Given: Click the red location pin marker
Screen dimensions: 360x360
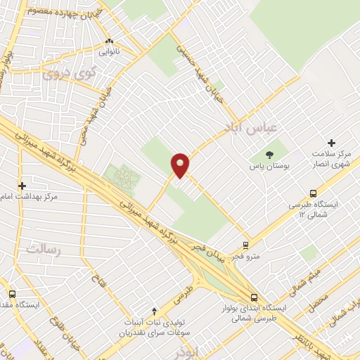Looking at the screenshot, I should (x=181, y=165).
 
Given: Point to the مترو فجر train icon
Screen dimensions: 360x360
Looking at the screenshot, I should (x=245, y=245).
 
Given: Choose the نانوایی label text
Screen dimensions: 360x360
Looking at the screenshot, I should (x=109, y=52).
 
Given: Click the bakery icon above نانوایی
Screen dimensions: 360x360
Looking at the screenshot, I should (x=109, y=41).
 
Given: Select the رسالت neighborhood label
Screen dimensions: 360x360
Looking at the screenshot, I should (x=44, y=249).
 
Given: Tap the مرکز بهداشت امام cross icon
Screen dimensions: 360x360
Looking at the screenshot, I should (x=22, y=186).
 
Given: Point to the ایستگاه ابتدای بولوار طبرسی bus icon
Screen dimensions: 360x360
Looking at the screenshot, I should (x=254, y=297).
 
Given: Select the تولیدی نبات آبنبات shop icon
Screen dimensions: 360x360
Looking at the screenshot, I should (x=155, y=311).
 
